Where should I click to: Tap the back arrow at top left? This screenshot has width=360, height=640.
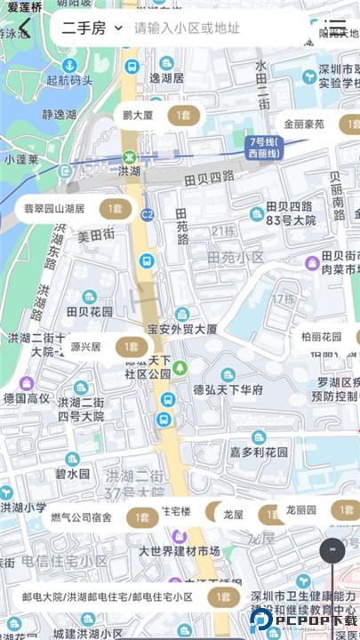(25, 28)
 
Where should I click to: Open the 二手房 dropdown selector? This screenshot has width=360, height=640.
(92, 28)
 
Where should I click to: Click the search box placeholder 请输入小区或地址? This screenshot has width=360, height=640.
(187, 28)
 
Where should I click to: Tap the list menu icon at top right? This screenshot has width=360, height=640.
(335, 28)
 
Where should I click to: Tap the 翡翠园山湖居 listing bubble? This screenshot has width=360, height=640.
(74, 209)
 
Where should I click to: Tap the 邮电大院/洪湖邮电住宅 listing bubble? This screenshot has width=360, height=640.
(129, 596)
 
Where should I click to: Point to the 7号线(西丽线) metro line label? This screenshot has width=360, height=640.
(265, 147)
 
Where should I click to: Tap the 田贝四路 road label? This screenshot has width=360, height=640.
(209, 177)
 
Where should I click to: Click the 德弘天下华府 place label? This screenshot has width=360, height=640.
(228, 389)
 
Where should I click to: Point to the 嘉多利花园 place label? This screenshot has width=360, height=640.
(260, 452)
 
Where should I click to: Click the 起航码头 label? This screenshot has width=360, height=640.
(69, 81)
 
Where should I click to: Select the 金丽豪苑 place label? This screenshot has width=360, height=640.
(304, 124)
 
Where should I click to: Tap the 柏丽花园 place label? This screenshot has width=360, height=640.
(321, 337)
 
